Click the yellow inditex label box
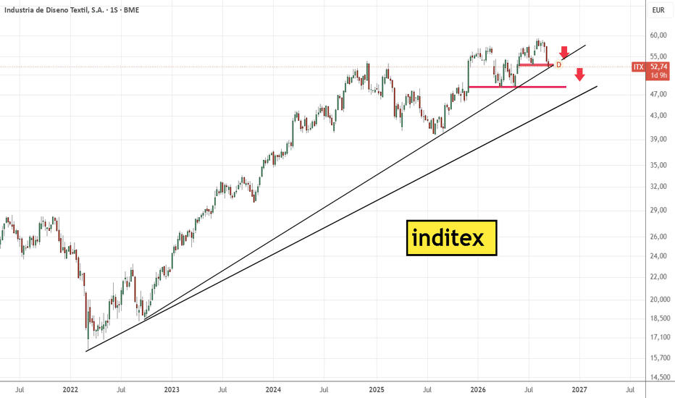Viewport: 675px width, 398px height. (452, 238)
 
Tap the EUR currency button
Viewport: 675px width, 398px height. (658, 10)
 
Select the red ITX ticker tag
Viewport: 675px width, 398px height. (638, 67)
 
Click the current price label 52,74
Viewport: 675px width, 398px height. (658, 67)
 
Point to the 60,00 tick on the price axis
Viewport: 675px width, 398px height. (658, 35)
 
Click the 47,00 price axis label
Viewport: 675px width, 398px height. (658, 94)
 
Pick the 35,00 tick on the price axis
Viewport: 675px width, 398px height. (658, 165)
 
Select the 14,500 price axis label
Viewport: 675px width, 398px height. (660, 377)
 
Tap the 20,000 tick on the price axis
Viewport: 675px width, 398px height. (660, 299)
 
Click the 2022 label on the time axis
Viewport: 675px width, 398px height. (70, 390)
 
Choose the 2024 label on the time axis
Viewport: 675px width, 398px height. (273, 390)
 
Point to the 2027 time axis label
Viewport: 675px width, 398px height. (579, 390)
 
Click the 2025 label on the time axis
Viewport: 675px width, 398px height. (377, 390)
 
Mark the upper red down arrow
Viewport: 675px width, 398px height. (564, 52)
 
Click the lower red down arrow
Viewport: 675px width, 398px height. (580, 75)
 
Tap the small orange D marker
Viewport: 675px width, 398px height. (559, 65)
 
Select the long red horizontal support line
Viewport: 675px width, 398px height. (517, 87)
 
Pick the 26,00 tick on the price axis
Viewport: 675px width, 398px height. (658, 236)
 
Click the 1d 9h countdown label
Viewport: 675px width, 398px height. (658, 75)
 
